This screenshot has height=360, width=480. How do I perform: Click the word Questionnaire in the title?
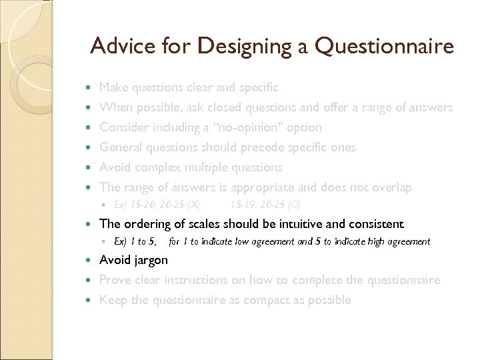tap(385, 46)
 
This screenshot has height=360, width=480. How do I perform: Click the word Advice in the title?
tap(119, 46)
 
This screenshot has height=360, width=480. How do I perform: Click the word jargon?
tap(149, 260)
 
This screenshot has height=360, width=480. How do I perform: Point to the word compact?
tap(257, 300)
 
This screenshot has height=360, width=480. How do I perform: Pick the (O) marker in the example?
tap(293, 204)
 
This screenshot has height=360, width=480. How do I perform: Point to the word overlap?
tap(389, 187)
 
